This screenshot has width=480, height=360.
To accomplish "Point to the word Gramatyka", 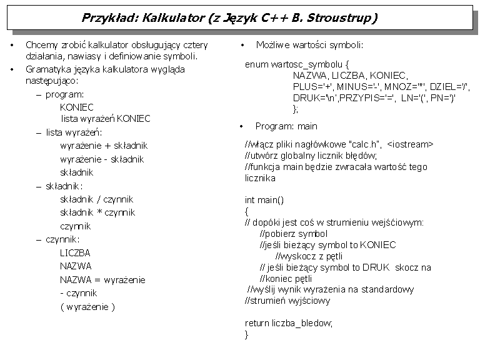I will (47, 69).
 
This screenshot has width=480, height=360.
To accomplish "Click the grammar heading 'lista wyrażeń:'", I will (74, 132).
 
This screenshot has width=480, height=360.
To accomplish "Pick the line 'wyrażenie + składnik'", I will (102, 146).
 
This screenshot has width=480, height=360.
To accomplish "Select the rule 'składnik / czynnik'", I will (96, 199).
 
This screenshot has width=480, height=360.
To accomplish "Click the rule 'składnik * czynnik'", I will (97, 212).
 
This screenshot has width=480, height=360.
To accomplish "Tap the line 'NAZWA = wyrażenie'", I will (102, 279).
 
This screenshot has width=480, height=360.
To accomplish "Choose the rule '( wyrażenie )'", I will (87, 306).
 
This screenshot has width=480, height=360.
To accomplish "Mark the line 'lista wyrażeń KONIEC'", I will (106, 118).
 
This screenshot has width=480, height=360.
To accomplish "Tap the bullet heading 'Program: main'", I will (286, 126).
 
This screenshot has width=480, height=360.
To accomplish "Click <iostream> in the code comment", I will (410, 144).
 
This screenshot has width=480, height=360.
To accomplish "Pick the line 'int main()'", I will (264, 200).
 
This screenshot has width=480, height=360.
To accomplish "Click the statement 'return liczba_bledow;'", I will (289, 322).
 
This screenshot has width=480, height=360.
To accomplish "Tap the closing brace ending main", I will (247, 334).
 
